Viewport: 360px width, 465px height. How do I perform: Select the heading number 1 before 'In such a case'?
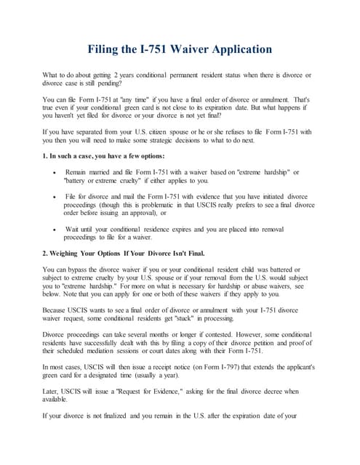[x=47, y=156]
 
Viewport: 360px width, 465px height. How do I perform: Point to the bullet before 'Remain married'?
[x=57, y=171]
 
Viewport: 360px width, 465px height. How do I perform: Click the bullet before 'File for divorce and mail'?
[x=57, y=196]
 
